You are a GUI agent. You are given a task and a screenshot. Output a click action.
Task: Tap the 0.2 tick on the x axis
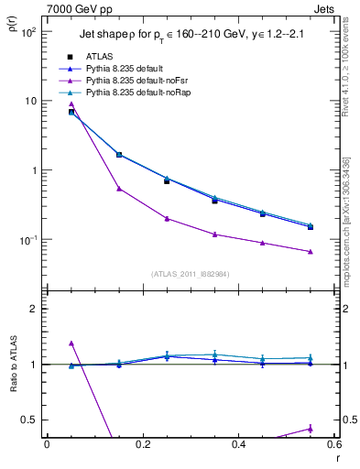click(x=142, y=445)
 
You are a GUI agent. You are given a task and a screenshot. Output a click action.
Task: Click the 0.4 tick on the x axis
click(x=238, y=445)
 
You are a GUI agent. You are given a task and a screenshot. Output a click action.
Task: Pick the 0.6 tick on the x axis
click(x=333, y=445)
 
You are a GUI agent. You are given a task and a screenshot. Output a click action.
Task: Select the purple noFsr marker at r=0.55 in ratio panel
click(x=311, y=429)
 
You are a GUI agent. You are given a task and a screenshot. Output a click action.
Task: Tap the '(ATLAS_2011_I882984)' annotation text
click(x=191, y=274)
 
